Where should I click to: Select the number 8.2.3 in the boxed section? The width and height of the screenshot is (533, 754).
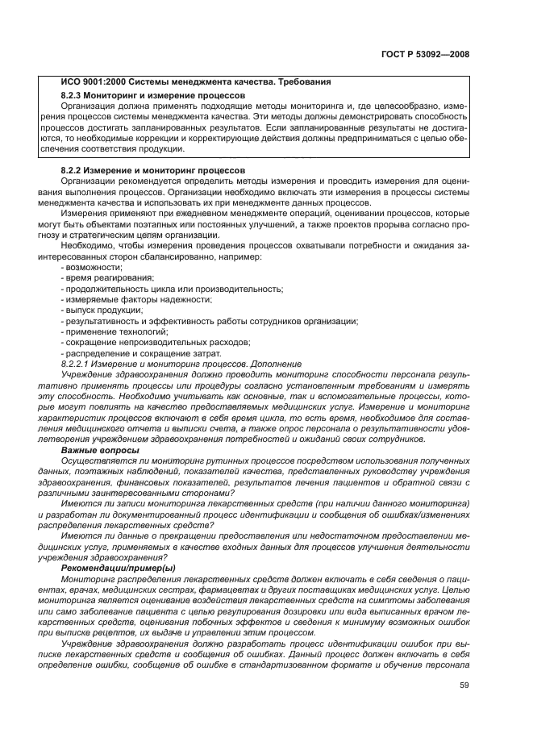coord(74,96)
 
